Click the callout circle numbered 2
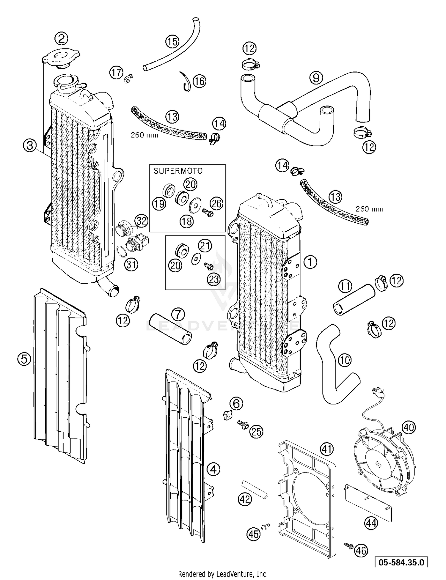coord(62,38)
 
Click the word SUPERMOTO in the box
coord(178,171)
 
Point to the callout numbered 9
coord(316,78)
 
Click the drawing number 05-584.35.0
coord(401,562)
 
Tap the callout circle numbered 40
coord(409,427)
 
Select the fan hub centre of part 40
coord(378,464)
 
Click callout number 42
coord(245,499)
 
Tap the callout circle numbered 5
coord(24,359)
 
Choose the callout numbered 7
coord(178,314)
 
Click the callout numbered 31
coord(131,264)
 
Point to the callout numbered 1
coord(310,262)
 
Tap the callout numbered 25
coord(256,431)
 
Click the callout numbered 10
coord(345,360)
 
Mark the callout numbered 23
coord(214,279)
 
